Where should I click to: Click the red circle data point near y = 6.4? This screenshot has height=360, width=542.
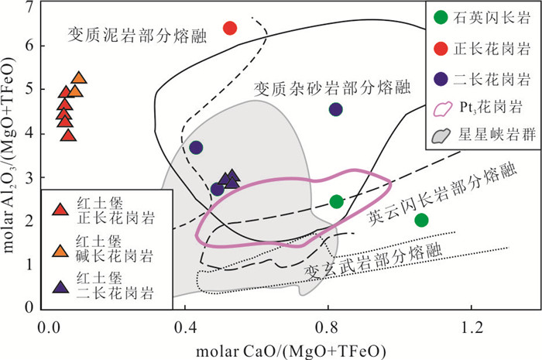click(230, 28)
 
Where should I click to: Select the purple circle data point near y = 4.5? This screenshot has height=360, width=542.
click(335, 109)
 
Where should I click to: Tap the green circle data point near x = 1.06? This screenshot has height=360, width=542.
click(421, 220)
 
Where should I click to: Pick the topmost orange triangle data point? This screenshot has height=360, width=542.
click(79, 78)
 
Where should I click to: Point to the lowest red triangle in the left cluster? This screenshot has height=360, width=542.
click(68, 135)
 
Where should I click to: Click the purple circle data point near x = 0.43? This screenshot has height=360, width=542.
click(196, 148)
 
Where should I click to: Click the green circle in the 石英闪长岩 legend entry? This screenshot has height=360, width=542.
click(441, 17)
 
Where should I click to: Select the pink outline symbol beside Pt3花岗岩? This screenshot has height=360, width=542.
click(442, 109)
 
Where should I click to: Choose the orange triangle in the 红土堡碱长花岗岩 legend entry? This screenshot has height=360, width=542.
click(60, 251)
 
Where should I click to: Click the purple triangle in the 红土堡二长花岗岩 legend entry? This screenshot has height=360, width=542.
click(60, 287)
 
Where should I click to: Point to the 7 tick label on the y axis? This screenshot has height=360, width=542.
click(31, 7)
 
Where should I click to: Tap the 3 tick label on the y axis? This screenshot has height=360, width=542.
click(31, 178)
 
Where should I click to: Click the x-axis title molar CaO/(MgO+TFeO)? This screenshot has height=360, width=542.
click(291, 351)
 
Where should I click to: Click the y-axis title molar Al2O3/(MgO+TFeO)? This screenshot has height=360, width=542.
click(9, 155)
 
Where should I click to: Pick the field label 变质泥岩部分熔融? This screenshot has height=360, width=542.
click(137, 36)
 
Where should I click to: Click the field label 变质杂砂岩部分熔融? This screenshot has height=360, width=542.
click(332, 88)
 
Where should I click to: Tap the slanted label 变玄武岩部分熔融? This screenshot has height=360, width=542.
click(373, 262)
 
